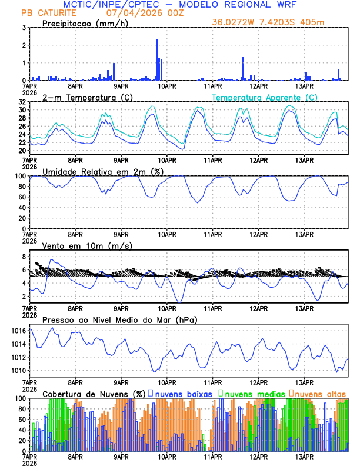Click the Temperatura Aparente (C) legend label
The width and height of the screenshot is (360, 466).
[x=265, y=97]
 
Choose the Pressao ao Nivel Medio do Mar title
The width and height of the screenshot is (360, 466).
[x=119, y=320]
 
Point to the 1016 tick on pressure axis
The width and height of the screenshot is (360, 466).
[x=18, y=331]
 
